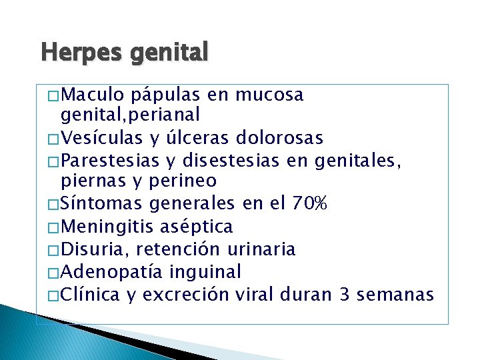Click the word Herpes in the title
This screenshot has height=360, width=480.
(68, 52)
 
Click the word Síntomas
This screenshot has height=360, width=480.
(101, 203)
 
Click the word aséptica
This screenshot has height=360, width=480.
(197, 227)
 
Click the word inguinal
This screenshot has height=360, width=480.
(206, 271)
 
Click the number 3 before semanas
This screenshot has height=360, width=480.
(345, 294)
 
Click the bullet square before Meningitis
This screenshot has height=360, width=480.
(54, 227)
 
